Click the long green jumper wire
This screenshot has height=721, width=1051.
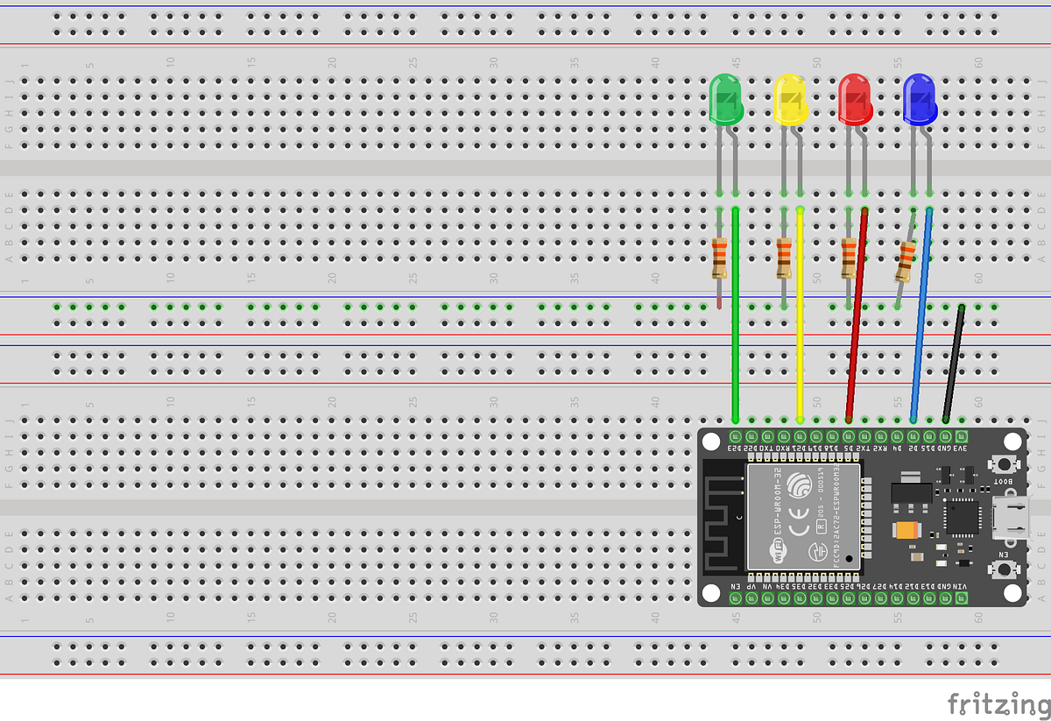(735, 333)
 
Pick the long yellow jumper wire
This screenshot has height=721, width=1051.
(800, 333)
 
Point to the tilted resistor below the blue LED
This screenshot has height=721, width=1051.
(906, 261)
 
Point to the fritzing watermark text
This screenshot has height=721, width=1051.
(998, 703)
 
